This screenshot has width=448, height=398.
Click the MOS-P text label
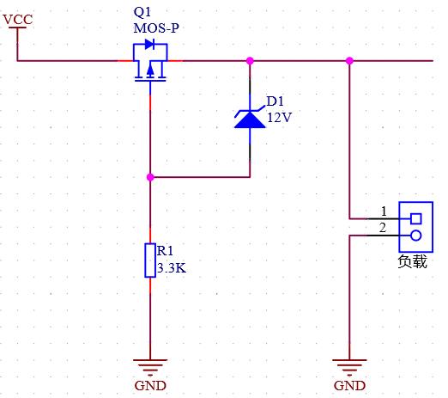point(157,28)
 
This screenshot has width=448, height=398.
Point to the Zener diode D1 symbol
point(250,118)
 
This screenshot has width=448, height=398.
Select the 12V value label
point(279,118)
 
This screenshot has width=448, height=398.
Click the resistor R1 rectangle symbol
point(150,260)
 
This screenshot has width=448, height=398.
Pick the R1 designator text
point(165,251)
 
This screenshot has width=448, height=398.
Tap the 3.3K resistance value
point(172,267)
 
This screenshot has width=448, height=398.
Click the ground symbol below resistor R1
point(150,364)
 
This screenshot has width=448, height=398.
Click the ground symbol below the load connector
point(349,364)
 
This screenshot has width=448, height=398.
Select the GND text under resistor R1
point(150,386)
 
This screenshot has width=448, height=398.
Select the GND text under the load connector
point(349,386)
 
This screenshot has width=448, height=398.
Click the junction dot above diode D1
point(250,61)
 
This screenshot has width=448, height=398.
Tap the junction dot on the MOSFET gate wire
point(150,177)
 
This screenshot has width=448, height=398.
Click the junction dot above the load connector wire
point(349,61)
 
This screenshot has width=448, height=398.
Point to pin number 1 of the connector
point(384,211)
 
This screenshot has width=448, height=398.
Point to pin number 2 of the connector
point(384,227)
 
